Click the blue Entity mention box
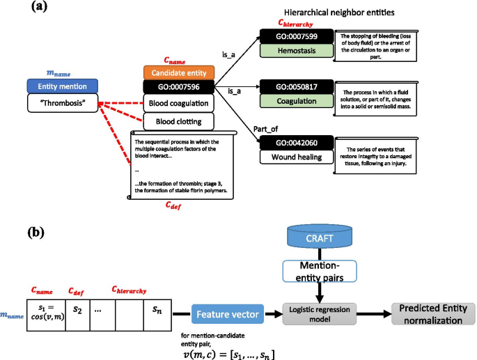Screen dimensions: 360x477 [x=62, y=86]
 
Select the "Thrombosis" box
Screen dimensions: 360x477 [x=62, y=102]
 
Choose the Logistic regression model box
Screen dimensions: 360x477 [x=320, y=313]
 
